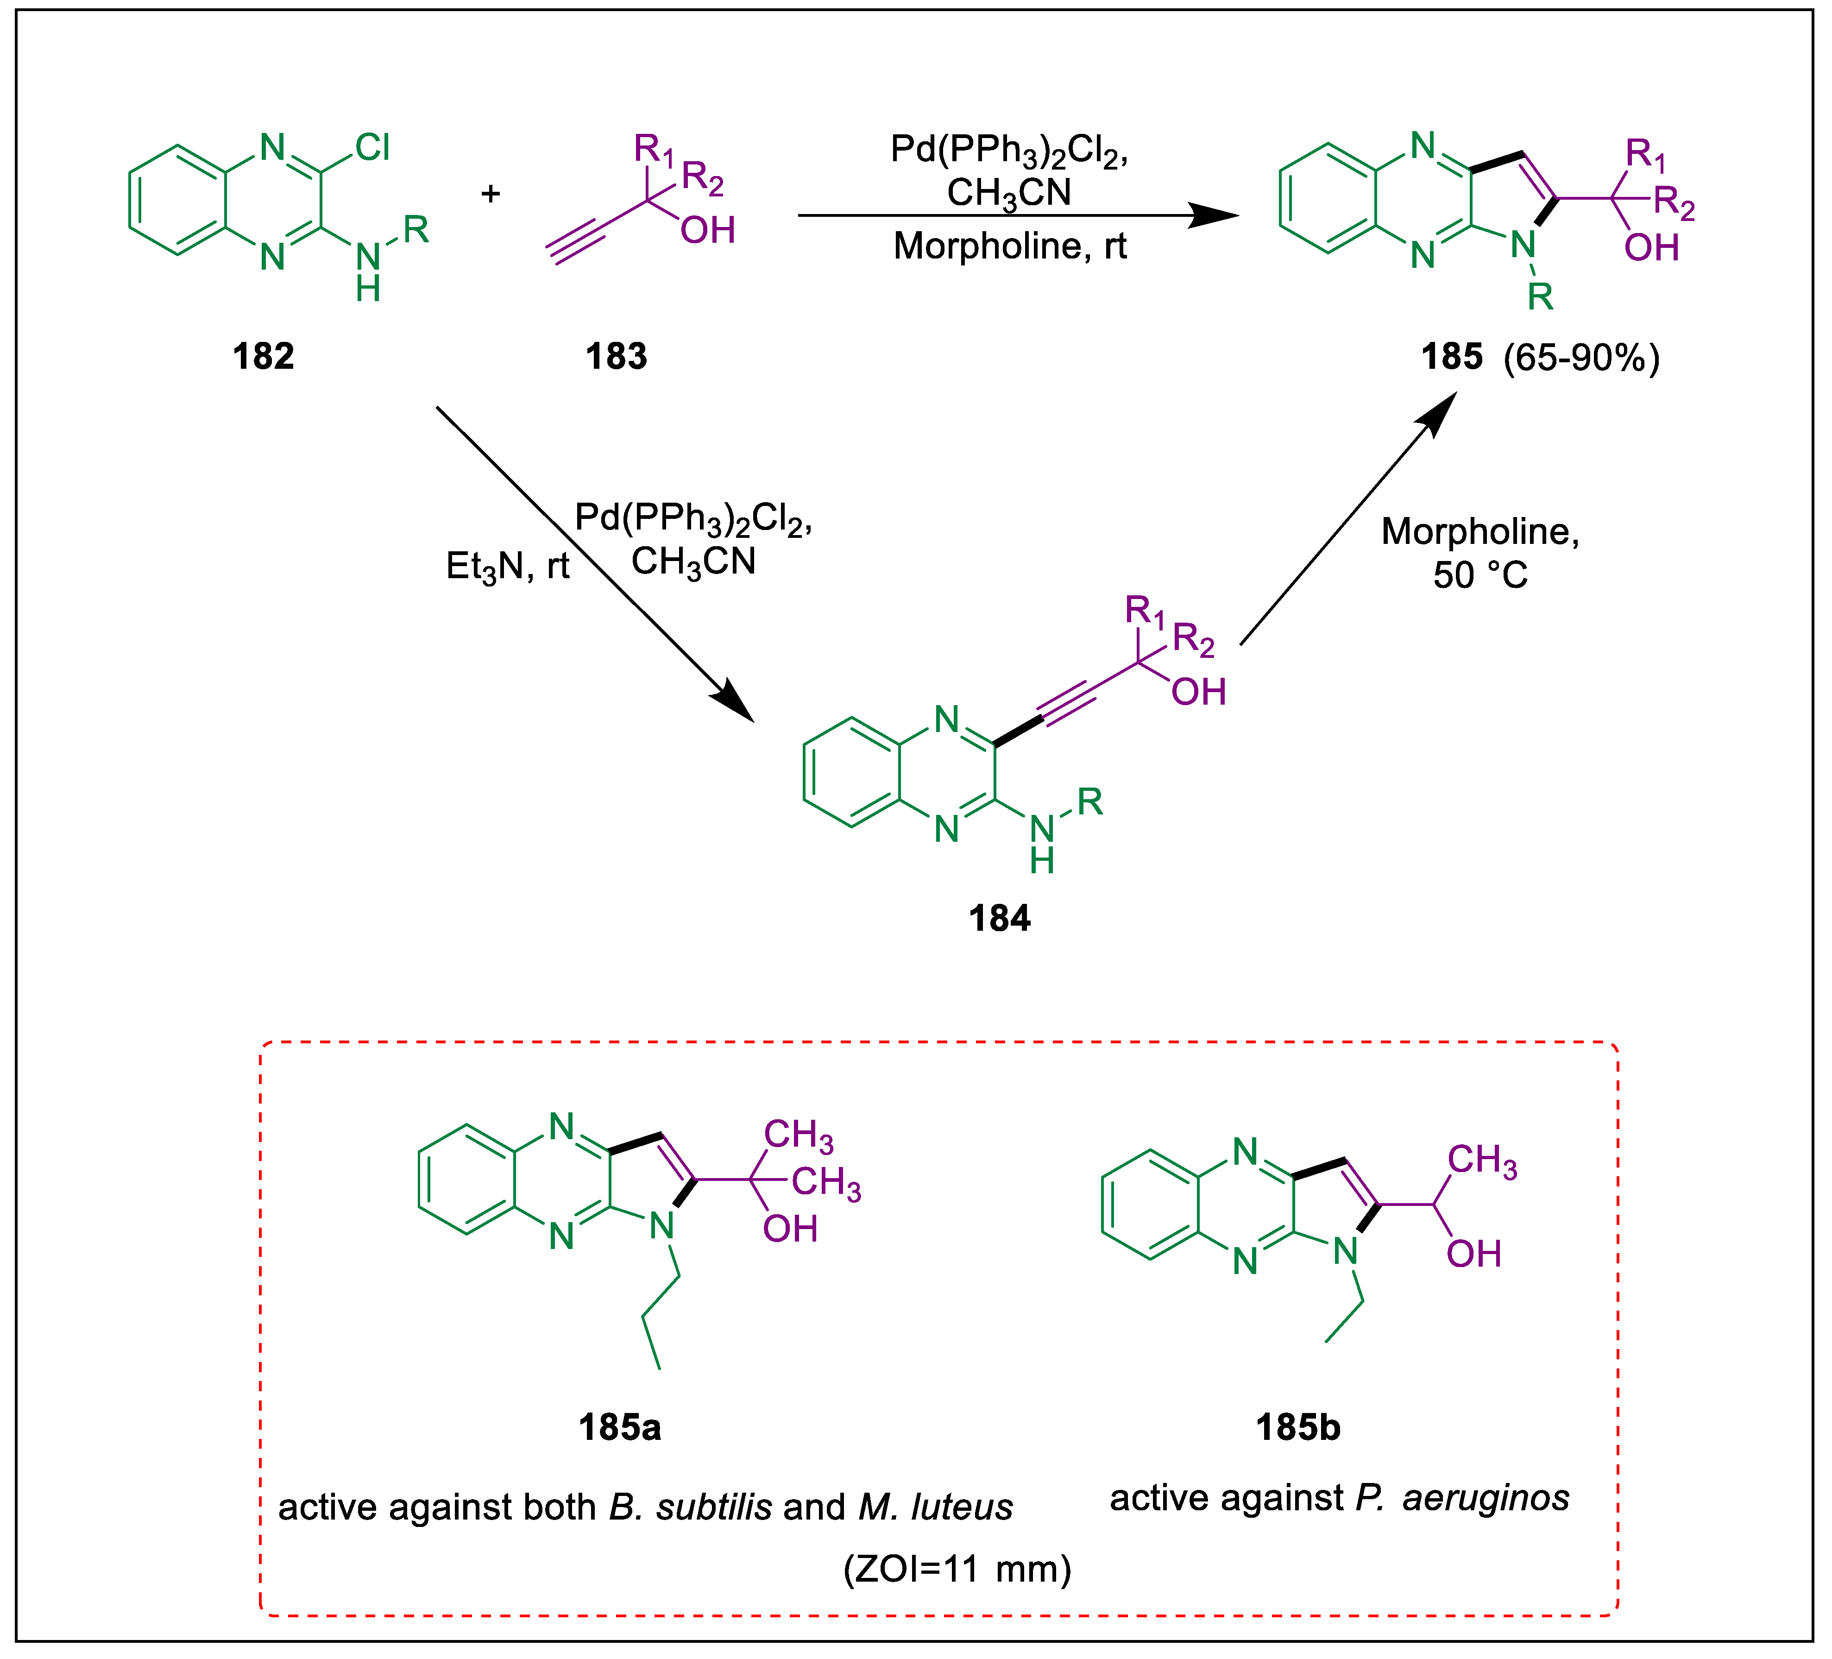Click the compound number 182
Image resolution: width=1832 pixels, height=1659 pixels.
(264, 356)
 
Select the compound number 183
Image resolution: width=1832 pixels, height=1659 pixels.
(616, 356)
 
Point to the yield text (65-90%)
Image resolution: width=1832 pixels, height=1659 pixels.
(1581, 357)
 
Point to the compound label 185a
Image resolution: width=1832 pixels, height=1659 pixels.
(620, 1427)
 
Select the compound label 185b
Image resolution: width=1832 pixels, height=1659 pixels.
(1297, 1427)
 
